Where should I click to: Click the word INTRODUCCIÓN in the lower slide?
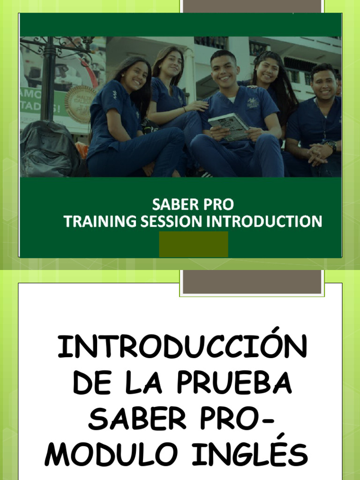click(x=182, y=348)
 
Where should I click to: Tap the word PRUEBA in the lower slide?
click(x=236, y=383)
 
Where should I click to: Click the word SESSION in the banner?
click(x=163, y=221)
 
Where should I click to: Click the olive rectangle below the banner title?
click(x=194, y=244)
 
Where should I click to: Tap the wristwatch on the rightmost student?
click(x=332, y=146)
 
